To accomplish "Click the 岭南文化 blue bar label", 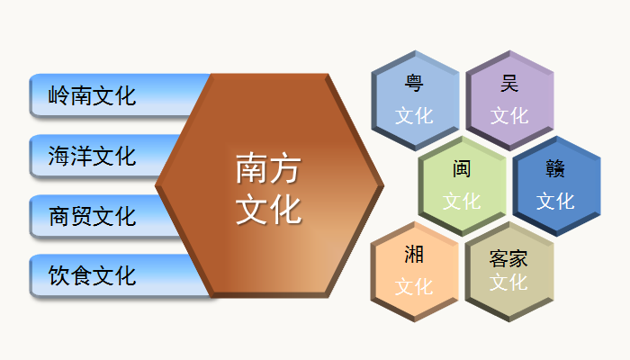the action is click(92, 96).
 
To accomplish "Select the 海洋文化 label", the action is click(92, 156).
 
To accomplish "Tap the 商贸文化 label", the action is click(92, 216).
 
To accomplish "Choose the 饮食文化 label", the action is click(92, 275).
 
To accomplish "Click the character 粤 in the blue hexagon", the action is click(414, 83).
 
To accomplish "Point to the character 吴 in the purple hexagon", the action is click(509, 83).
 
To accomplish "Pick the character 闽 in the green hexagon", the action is click(462, 169).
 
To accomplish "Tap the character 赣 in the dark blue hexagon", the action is click(555, 169).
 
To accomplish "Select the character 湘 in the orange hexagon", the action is click(414, 255).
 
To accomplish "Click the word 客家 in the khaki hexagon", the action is click(508, 258).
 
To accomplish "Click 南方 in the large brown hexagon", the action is click(268, 168).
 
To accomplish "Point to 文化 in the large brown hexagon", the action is click(268, 209).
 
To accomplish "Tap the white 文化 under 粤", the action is click(414, 116).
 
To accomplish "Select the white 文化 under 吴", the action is click(509, 116).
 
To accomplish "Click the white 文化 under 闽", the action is click(462, 202).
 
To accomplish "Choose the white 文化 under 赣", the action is click(555, 202).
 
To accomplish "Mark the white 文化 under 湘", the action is click(414, 287).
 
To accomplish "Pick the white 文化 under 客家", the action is click(508, 282).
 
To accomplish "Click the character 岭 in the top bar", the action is click(58, 96).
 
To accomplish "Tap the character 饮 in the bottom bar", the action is click(58, 275).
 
